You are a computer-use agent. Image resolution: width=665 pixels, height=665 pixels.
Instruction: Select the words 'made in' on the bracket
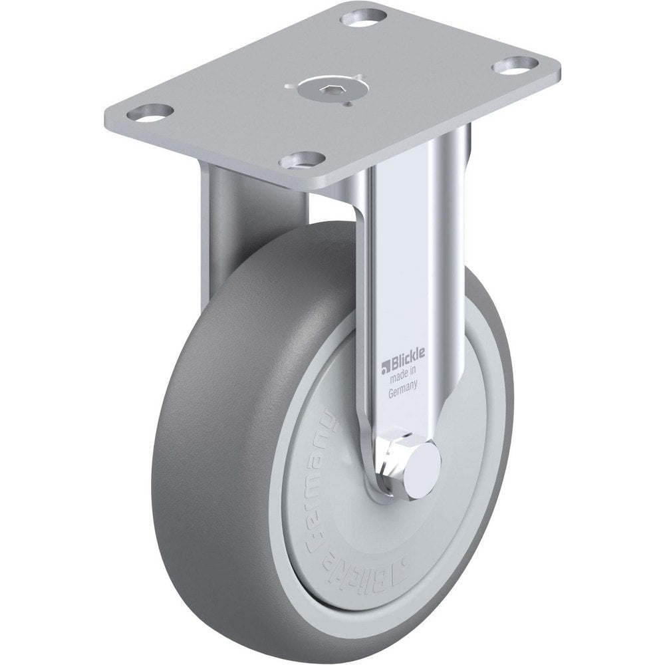click(x=403, y=379)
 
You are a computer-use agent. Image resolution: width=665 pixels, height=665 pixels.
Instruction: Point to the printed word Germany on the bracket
click(x=403, y=392)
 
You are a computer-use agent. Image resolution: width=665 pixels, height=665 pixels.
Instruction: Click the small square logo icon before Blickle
click(x=384, y=366)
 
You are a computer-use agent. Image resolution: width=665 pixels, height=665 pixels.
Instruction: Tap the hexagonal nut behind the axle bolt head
click(x=396, y=456)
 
